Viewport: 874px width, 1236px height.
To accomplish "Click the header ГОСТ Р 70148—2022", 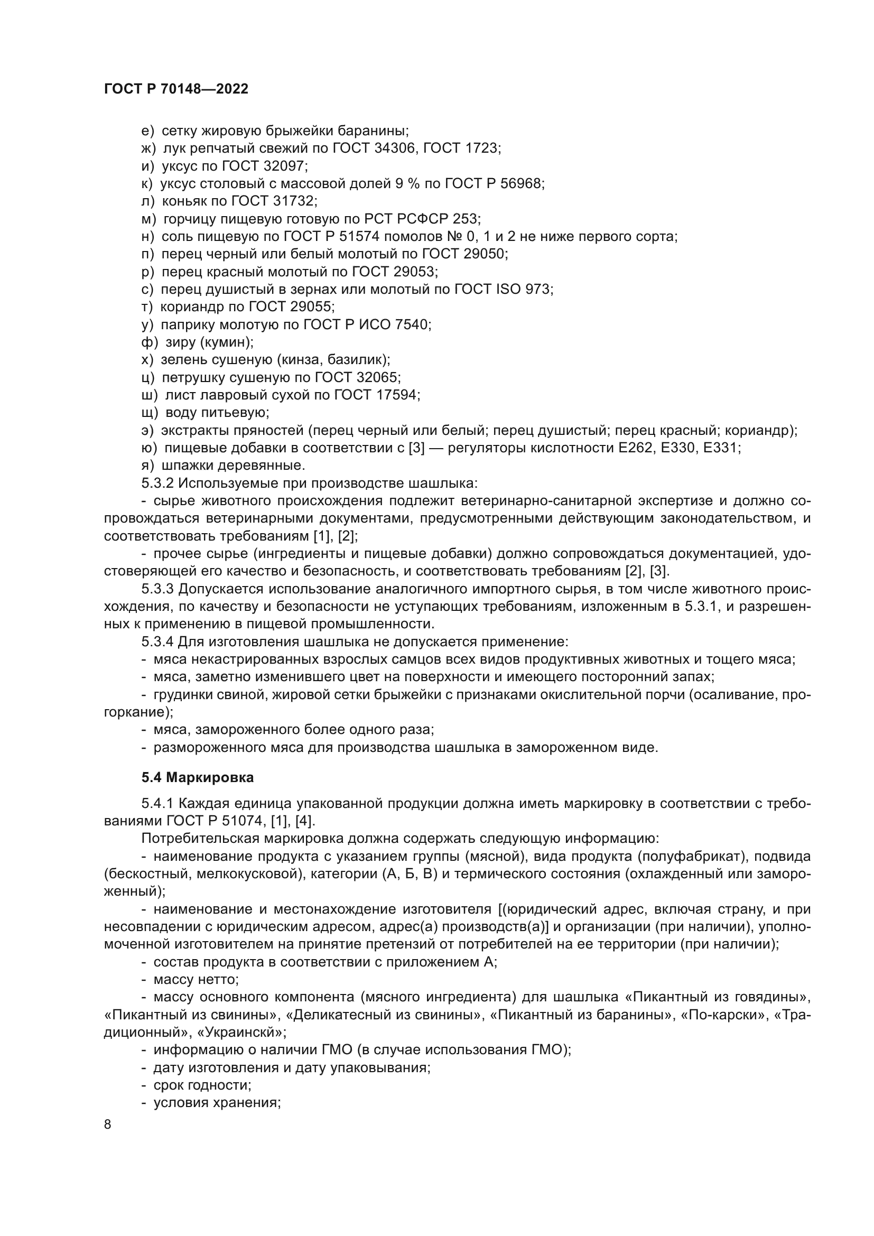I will tap(176, 89).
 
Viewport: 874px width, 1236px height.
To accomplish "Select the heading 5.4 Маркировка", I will tap(198, 777).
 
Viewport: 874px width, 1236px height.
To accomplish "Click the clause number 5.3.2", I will tap(157, 483).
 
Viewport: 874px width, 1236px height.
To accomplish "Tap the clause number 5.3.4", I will tap(157, 642).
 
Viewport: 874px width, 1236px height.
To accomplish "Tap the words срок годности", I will tap(202, 1085).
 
